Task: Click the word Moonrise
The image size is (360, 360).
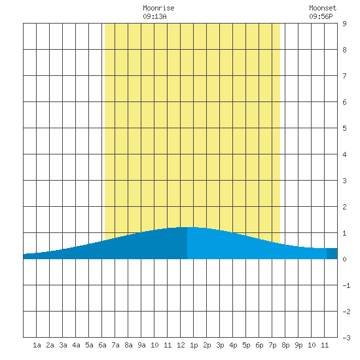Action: coord(158,9)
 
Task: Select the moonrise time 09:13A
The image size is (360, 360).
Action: coord(154,16)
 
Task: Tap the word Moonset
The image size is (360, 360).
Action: coord(323,9)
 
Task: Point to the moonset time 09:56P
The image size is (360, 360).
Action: coord(321,16)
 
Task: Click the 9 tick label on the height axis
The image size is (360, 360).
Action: coord(344,24)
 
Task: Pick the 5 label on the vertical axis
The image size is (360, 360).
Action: coord(344,128)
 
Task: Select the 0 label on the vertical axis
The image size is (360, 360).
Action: coord(344,259)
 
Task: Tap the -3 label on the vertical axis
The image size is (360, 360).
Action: coord(346,338)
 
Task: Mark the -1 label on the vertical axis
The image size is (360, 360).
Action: coord(346,285)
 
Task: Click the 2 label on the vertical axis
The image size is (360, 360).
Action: coord(344,207)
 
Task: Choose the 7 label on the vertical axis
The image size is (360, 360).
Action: coord(344,76)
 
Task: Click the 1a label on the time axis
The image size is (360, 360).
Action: coord(37,345)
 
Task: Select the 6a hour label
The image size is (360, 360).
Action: coord(102,345)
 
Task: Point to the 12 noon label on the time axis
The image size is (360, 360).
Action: coord(181,345)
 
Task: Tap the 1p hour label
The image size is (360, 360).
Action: coord(194,345)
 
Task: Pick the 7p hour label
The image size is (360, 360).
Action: coord(272,345)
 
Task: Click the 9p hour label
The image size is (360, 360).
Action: coord(298,345)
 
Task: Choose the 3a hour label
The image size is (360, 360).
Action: coord(63,345)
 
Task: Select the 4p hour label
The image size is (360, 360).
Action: coord(233,345)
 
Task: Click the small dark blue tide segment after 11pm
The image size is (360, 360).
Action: coord(332,253)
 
